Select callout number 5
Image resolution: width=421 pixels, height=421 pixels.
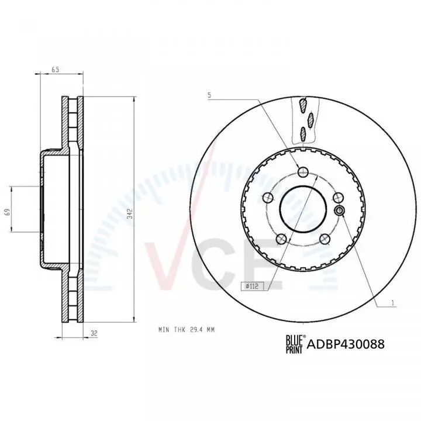pyautogui.click(x=208, y=94)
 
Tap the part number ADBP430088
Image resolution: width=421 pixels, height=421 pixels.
pyautogui.click(x=346, y=344)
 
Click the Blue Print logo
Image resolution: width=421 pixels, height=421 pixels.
pyautogui.click(x=295, y=344)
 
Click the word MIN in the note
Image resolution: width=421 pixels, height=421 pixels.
pyautogui.click(x=164, y=330)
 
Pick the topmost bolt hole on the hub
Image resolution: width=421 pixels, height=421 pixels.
pyautogui.click(x=302, y=172)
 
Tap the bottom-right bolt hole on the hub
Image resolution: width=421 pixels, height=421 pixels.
pyautogui.click(x=323, y=239)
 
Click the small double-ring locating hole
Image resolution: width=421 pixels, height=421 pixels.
pyautogui.click(x=339, y=210)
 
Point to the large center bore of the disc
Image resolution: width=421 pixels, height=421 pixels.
pyautogui.click(x=302, y=209)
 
